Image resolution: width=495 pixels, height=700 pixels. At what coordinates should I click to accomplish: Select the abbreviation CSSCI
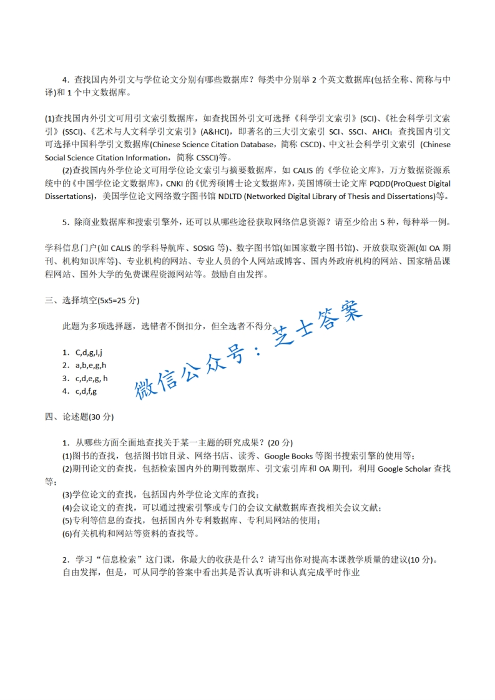(x=203, y=158)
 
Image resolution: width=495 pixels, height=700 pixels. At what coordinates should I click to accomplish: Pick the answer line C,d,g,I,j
(x=89, y=352)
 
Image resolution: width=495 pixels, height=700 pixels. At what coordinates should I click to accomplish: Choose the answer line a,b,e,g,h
(x=91, y=366)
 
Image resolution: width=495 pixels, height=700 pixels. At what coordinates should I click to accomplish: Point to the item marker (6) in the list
(x=68, y=533)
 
